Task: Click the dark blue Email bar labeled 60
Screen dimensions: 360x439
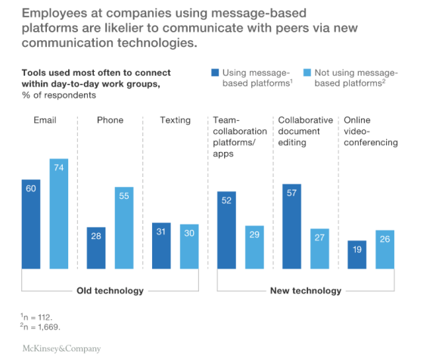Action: coord(31,224)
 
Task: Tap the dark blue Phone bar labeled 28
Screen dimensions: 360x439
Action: coord(96,247)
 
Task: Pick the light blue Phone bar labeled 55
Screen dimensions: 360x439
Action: coord(124,228)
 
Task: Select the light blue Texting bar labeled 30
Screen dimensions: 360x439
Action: coord(190,246)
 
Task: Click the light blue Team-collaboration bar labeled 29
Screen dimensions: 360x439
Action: coord(255,247)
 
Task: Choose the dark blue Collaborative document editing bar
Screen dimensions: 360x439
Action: coord(291,226)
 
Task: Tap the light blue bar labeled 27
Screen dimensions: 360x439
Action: coord(319,248)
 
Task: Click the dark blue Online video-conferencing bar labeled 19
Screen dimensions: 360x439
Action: coord(356,254)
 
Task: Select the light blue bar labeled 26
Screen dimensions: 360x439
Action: coord(385,249)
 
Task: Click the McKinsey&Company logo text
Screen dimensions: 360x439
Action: coord(57,349)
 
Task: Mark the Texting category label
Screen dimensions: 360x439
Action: coord(175,119)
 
